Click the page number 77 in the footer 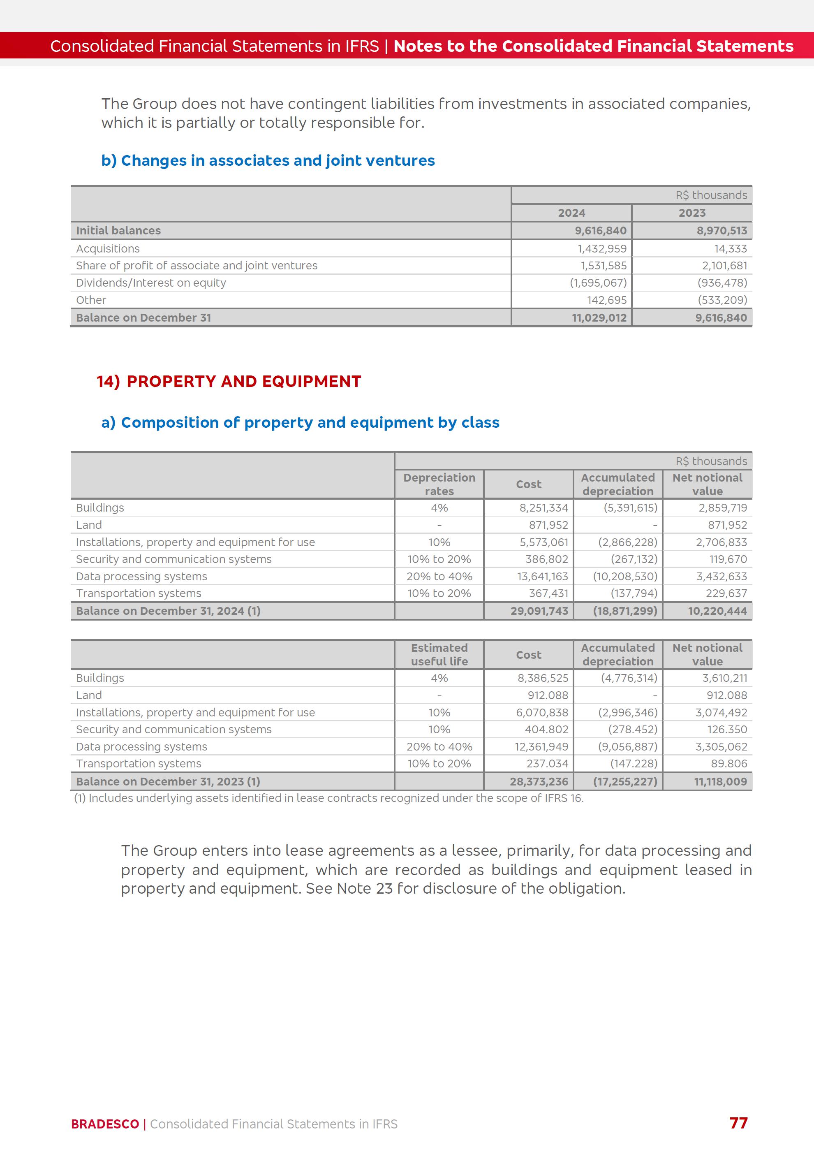pyautogui.click(x=738, y=1123)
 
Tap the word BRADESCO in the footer pyautogui.click(x=105, y=1124)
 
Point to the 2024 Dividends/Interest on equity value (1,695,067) pyautogui.click(x=598, y=283)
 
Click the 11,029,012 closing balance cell pyautogui.click(x=599, y=317)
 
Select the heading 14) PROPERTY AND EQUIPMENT pyautogui.click(x=229, y=381)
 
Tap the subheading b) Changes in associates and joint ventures pyautogui.click(x=268, y=160)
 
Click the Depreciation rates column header pyautogui.click(x=439, y=484)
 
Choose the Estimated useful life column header pyautogui.click(x=439, y=654)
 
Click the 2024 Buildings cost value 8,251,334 pyautogui.click(x=543, y=507)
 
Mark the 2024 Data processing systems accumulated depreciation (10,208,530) pyautogui.click(x=625, y=576)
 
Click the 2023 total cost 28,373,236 pyautogui.click(x=539, y=781)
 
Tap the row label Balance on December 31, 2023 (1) pyautogui.click(x=168, y=781)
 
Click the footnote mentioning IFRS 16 pyautogui.click(x=328, y=798)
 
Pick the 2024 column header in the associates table pyautogui.click(x=571, y=213)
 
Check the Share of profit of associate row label pyautogui.click(x=197, y=266)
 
